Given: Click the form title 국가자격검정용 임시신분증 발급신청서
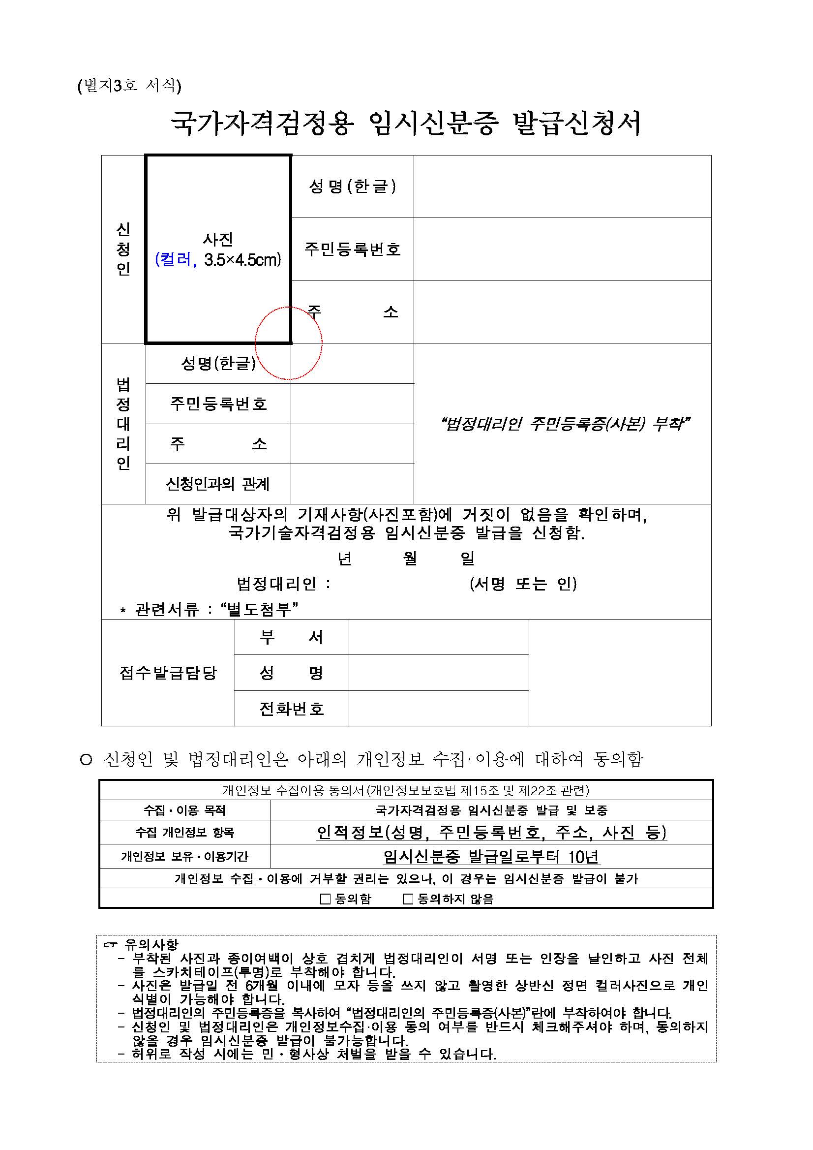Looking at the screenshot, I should point(406,123).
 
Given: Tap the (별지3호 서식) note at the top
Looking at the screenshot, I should point(129,86).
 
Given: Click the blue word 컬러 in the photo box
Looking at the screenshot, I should point(173,259).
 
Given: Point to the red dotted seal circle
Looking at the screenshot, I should point(288,343).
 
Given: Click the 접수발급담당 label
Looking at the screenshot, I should point(168,673).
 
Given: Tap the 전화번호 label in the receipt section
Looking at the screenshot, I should point(291,709).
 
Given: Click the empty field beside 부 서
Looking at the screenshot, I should point(439,637).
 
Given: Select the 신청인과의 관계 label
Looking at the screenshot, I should point(218,484).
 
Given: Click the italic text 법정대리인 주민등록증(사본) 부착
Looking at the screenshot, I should point(565,424).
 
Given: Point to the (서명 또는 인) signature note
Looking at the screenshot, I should point(523,584).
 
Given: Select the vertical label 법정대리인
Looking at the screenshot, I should point(123,424).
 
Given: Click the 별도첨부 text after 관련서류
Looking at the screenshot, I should point(259,610).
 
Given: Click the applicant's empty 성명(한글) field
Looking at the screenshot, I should point(562,186).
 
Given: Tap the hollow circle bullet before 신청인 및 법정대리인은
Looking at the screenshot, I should point(86,760).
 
